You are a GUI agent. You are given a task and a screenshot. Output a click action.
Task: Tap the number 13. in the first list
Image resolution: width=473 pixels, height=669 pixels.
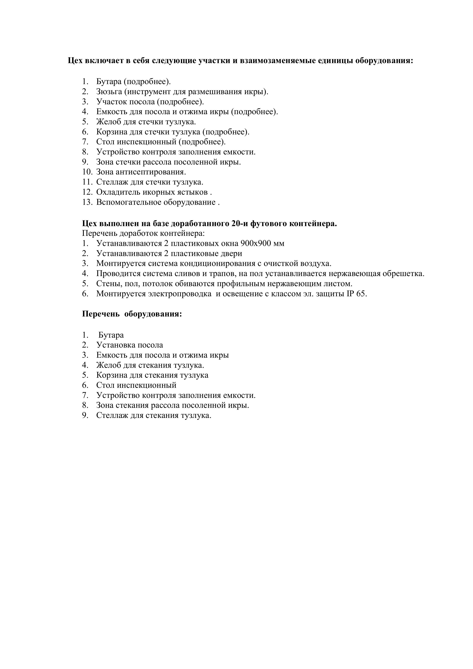click(x=87, y=202)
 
